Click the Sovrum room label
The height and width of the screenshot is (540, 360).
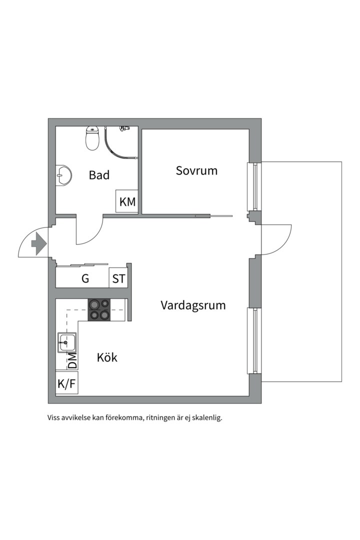[196, 170]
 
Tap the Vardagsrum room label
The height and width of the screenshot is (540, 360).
[193, 305]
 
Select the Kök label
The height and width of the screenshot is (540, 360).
[107, 357]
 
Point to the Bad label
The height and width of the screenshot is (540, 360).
[99, 175]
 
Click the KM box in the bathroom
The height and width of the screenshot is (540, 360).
[127, 201]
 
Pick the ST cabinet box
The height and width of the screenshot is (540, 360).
[118, 278]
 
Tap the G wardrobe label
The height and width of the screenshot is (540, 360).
[85, 278]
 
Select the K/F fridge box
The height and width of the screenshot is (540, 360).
[66, 383]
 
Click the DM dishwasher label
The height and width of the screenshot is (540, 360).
[72, 360]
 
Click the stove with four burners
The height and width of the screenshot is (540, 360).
[100, 309]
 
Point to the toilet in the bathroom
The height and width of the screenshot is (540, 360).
[92, 138]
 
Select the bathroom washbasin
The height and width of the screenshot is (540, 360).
[63, 175]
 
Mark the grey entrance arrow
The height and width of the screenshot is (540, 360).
[38, 243]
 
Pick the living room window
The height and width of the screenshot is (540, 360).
[255, 341]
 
